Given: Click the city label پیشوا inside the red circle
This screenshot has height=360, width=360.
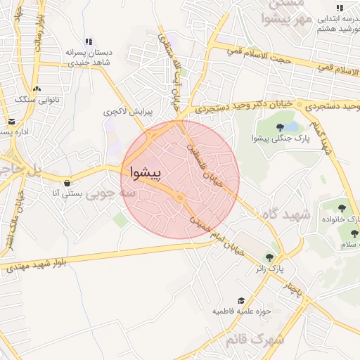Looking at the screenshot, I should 146,172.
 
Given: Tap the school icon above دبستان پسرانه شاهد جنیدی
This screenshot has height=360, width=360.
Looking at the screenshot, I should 88,42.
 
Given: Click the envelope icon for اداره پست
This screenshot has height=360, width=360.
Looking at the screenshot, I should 11,121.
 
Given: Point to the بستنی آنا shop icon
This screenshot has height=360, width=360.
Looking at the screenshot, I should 67,183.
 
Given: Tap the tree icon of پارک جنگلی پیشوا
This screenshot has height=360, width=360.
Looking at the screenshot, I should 281,127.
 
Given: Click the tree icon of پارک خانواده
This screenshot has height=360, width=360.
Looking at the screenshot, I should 342,208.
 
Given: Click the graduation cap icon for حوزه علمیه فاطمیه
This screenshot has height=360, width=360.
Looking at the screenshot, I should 241,300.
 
